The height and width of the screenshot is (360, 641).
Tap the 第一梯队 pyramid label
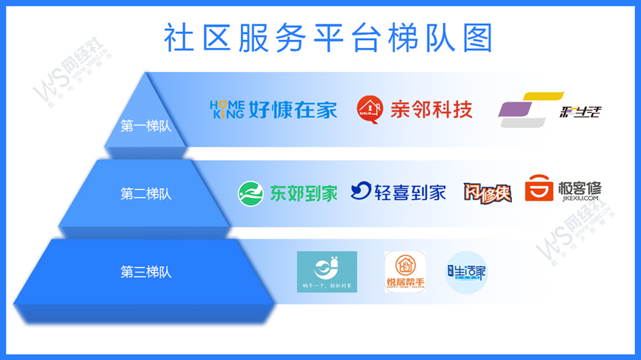[146, 126]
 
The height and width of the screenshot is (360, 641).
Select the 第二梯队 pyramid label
[146, 194]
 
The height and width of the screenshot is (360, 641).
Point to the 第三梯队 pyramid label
[146, 272]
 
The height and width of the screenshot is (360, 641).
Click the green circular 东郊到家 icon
[250, 193]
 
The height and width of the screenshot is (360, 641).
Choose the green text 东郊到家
[303, 193]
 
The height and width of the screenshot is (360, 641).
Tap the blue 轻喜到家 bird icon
[361, 192]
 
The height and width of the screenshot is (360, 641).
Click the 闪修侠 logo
[488, 192]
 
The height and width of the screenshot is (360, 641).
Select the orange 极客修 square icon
[539, 189]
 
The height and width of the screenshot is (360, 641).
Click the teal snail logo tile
[327, 272]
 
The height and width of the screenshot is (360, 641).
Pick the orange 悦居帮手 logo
[406, 272]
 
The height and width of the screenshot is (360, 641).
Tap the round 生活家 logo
[467, 272]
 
